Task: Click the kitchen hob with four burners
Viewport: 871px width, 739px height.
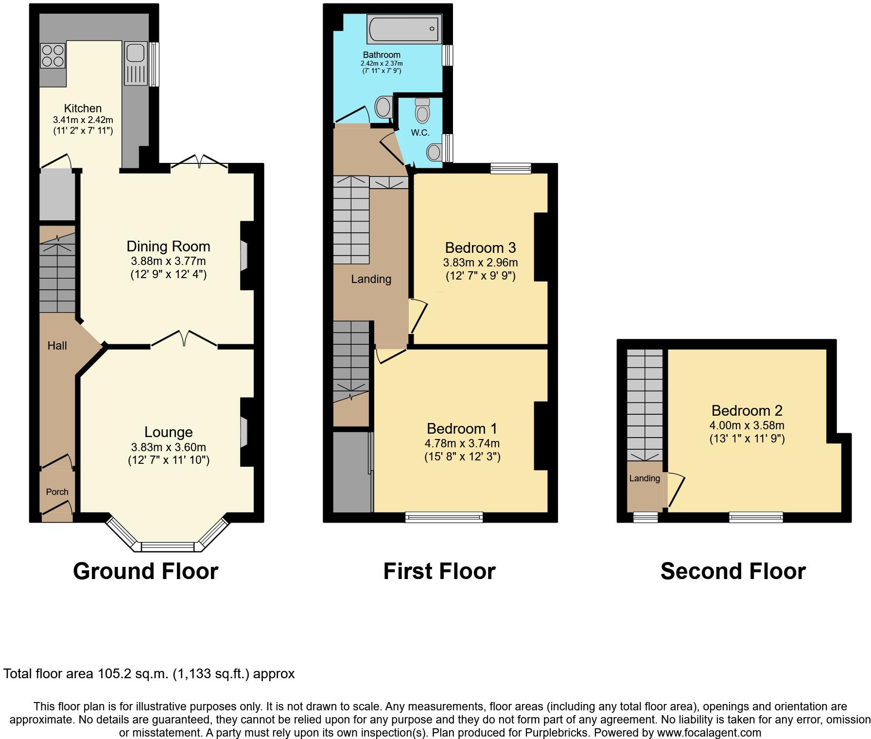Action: pos(53,55)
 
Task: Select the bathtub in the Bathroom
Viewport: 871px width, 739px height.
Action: pos(404,29)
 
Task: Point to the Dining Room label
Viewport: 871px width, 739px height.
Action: pos(168,246)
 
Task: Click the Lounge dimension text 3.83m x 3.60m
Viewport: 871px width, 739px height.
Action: pos(168,447)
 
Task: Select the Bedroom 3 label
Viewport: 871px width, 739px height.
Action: pos(480,248)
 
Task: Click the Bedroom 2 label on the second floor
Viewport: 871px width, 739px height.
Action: pos(747,411)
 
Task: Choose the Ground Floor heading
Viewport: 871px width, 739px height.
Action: pos(145,571)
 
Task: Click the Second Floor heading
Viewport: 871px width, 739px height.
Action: pos(732,571)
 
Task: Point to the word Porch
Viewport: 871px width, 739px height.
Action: pos(57,492)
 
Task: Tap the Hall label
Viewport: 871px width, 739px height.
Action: pos(57,346)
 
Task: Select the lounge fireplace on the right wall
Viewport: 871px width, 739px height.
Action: pos(244,433)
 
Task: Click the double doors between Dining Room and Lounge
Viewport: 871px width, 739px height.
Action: pos(184,339)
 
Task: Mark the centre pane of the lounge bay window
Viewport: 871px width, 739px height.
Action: pos(167,547)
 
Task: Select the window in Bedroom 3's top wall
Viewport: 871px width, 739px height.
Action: pos(510,168)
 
